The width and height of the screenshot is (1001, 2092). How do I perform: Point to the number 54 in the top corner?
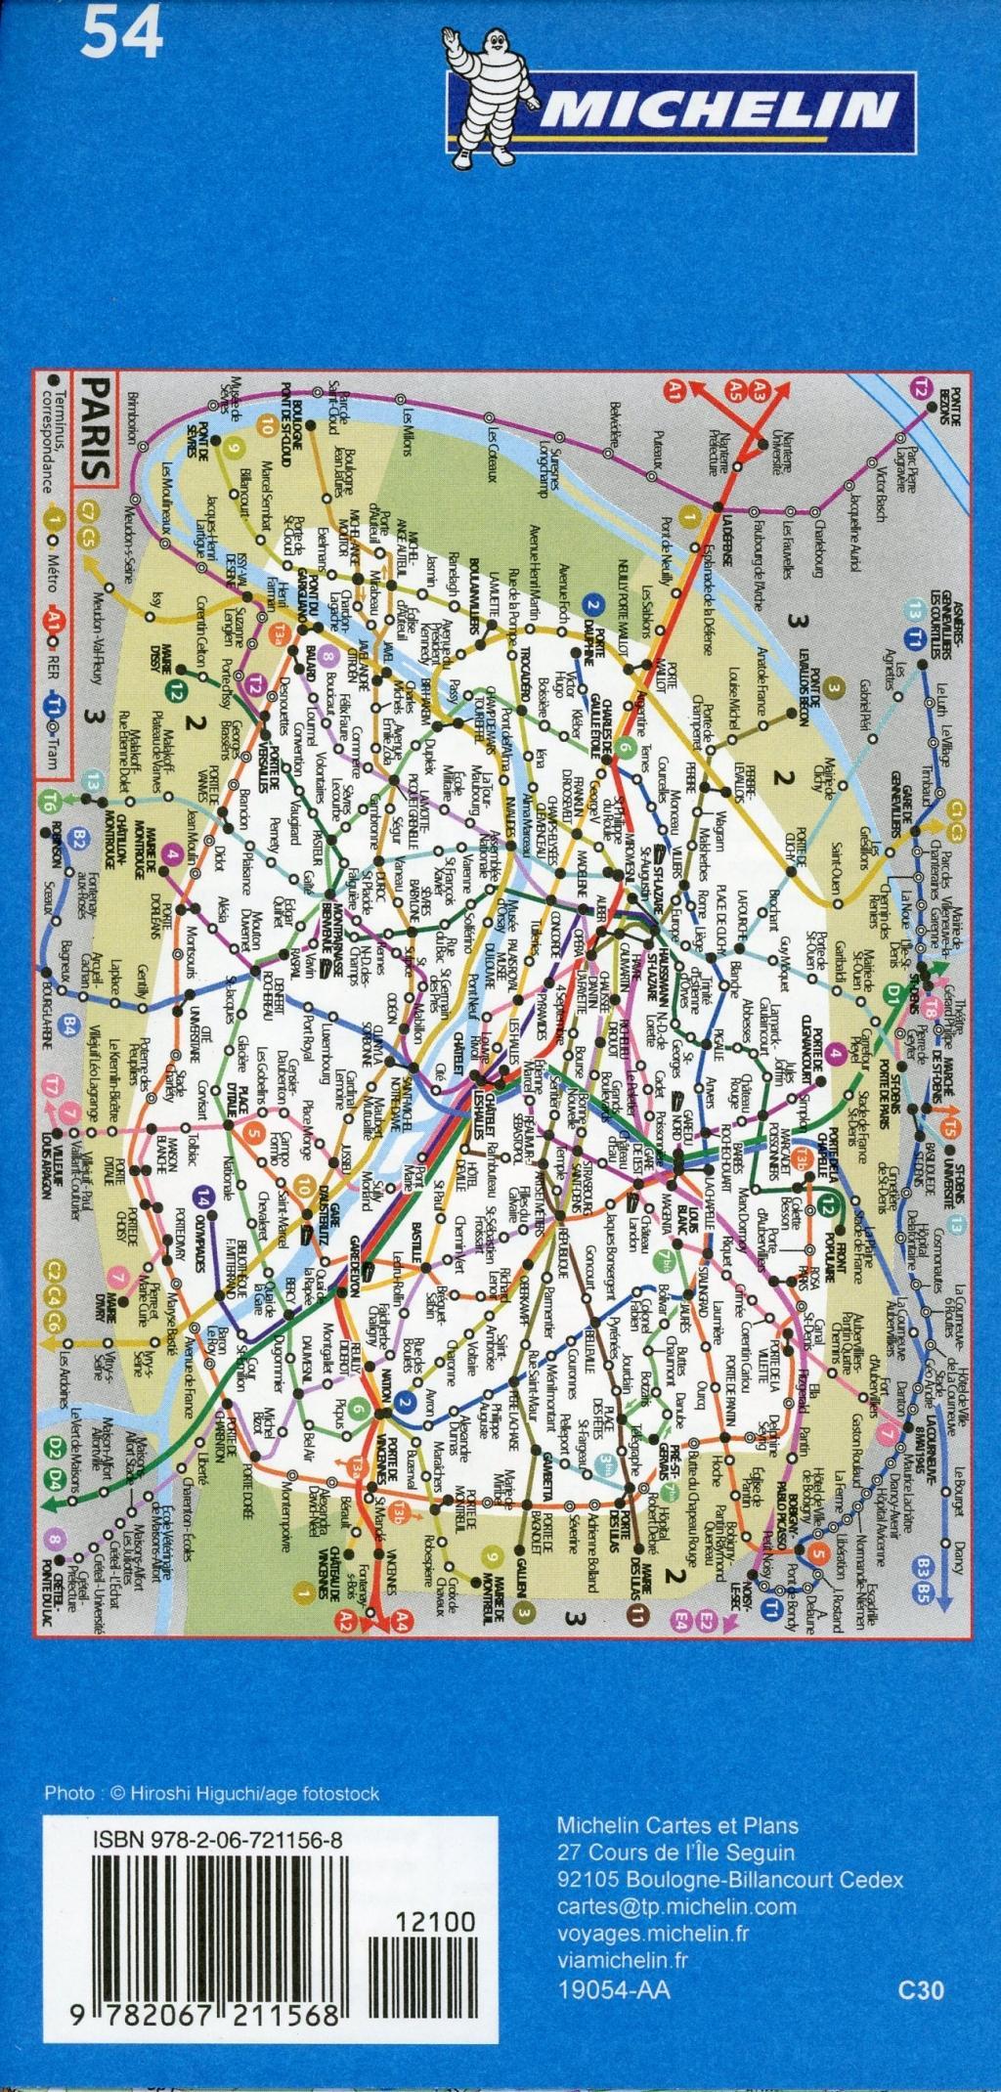point(122,38)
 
